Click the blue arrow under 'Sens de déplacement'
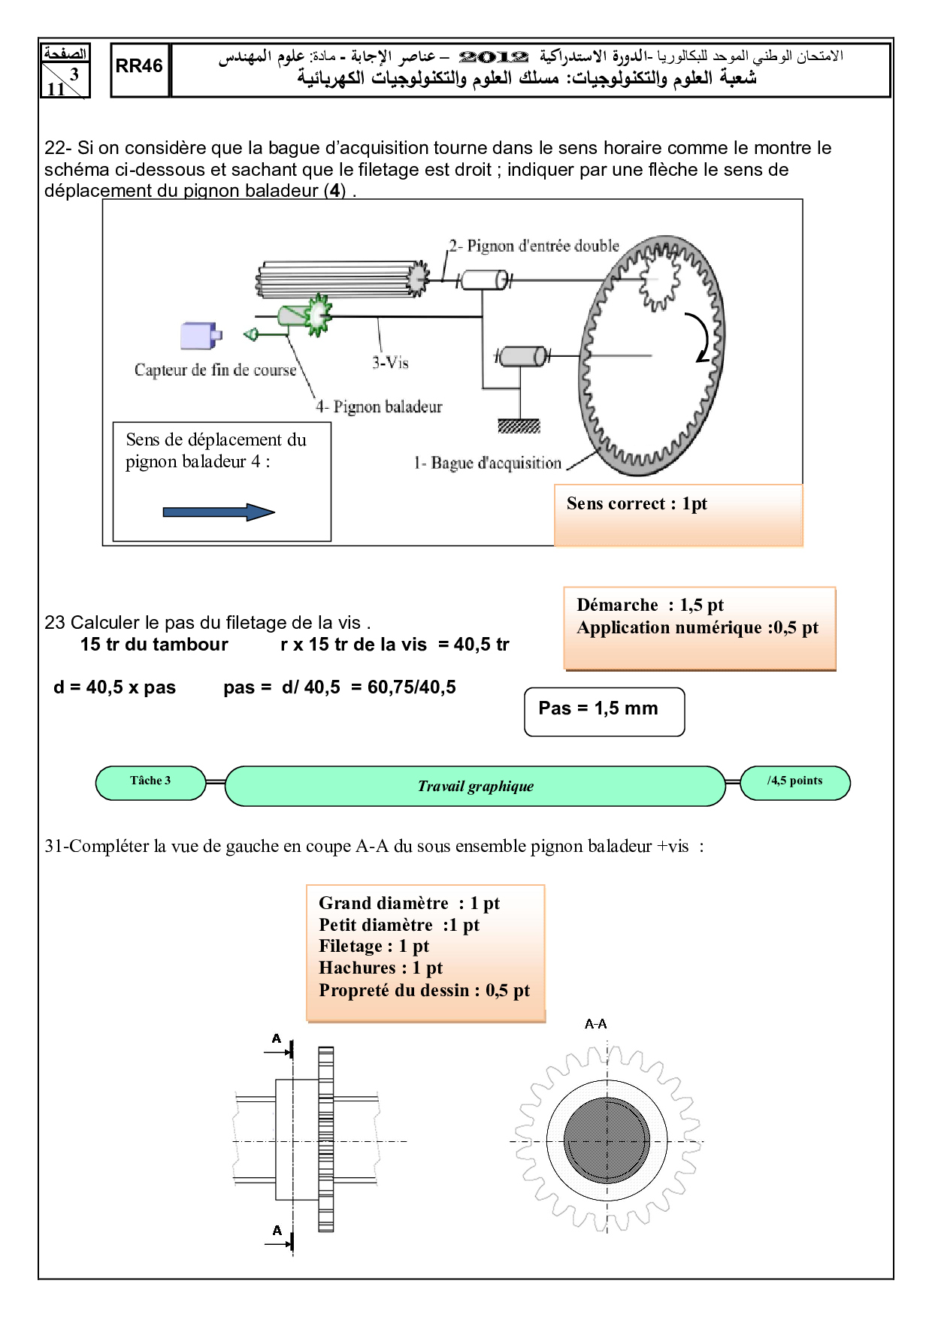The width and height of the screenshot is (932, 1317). click(x=219, y=512)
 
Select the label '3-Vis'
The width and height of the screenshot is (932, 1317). click(x=390, y=363)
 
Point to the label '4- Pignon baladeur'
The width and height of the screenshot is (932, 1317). click(x=379, y=407)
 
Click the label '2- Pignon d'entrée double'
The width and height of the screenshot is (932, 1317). click(x=534, y=246)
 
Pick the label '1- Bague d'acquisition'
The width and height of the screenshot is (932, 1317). click(x=487, y=463)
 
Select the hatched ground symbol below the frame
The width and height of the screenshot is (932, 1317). click(x=519, y=427)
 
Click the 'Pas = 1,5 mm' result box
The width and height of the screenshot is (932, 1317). click(x=604, y=711)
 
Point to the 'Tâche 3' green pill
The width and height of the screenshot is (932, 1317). click(x=150, y=782)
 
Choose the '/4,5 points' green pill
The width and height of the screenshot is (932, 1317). click(x=794, y=782)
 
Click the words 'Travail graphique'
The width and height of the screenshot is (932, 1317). click(x=475, y=787)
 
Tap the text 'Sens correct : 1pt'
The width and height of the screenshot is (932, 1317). click(x=637, y=504)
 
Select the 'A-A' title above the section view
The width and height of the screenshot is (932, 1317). click(x=595, y=1024)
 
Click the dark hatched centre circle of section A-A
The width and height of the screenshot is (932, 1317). click(x=607, y=1140)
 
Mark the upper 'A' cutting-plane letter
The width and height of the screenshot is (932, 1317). click(x=277, y=1039)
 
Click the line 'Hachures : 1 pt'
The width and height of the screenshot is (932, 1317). click(x=380, y=968)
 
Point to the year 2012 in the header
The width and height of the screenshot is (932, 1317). click(x=493, y=57)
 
